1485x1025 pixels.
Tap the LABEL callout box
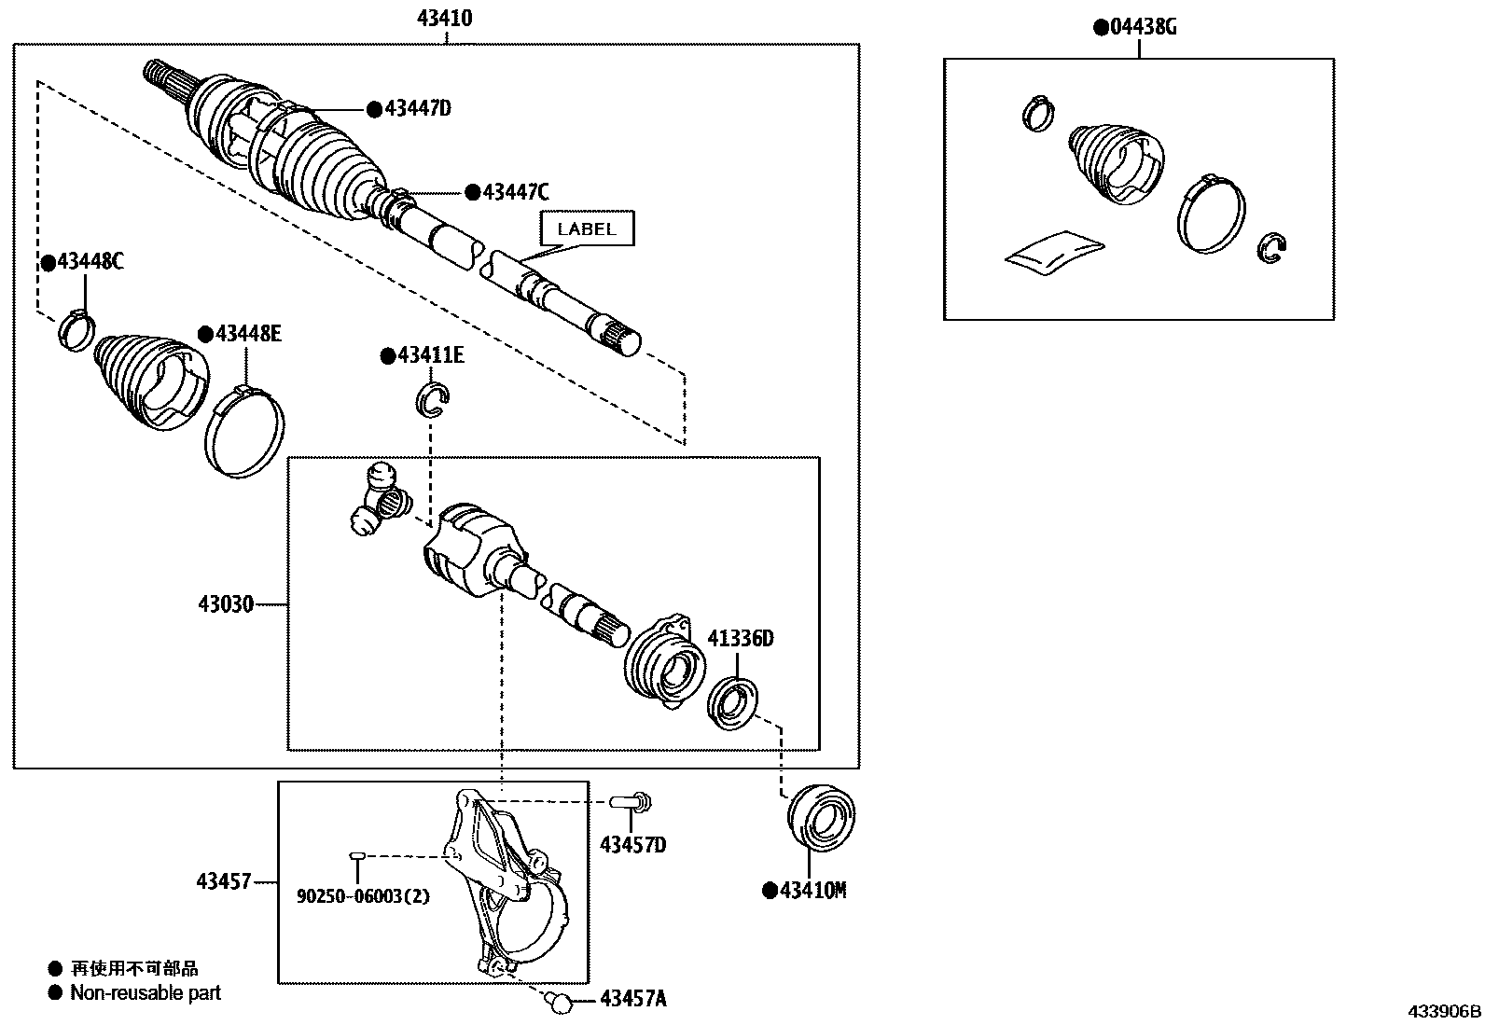click(x=587, y=229)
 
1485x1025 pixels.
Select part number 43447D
click(x=417, y=109)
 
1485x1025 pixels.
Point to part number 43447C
click(x=515, y=192)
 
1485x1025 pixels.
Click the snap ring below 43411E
click(x=434, y=399)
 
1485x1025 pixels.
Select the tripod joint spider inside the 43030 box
click(x=380, y=499)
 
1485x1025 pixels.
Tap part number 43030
click(x=225, y=604)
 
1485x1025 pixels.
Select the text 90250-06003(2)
click(x=363, y=896)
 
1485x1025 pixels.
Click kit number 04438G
click(x=1142, y=27)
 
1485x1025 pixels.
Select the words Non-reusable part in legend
click(x=146, y=993)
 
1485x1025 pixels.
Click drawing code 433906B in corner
click(x=1444, y=1011)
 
